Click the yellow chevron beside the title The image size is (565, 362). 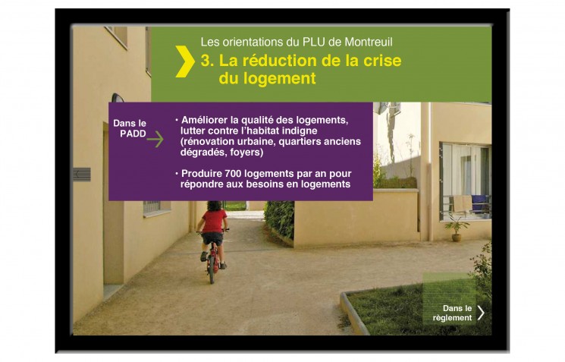pos(185,61)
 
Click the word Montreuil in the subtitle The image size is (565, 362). pos(369,42)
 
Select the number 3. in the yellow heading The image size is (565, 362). pos(207,61)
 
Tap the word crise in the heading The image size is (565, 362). pos(382,61)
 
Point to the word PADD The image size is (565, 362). pos(133,134)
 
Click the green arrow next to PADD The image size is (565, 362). pos(155,139)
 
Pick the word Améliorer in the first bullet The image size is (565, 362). pos(204,120)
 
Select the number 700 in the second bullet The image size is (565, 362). pos(233,174)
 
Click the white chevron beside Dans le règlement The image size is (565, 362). pos(481,313)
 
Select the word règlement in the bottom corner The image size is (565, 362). pos(452,318)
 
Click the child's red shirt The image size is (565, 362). pos(214,221)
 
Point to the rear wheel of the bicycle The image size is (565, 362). pos(212,269)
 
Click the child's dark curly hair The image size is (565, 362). pos(215,206)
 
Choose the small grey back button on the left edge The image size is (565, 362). pos(82,175)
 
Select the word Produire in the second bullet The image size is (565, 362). pos(202,174)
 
